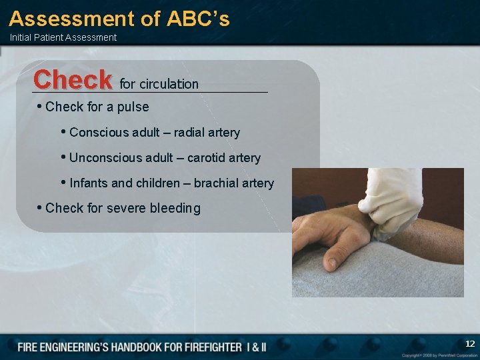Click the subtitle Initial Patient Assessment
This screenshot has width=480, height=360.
[63, 37]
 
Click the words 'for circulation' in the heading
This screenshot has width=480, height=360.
[159, 84]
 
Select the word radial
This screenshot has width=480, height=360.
[190, 133]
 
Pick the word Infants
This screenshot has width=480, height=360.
[89, 183]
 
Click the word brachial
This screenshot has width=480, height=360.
[215, 183]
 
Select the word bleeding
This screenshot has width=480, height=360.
[175, 208]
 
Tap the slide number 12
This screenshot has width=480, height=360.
[469, 344]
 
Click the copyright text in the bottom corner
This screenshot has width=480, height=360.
[439, 355]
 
